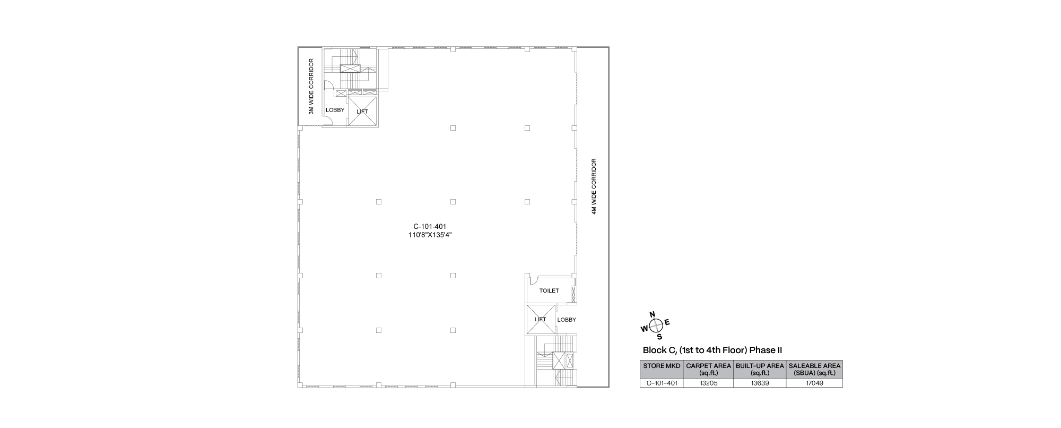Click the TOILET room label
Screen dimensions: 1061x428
tap(549, 291)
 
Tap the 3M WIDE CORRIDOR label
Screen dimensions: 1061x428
tap(312, 87)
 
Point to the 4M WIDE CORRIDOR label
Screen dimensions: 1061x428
tap(595, 186)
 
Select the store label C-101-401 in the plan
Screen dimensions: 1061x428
tap(430, 226)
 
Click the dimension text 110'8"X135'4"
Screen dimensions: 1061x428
tap(430, 235)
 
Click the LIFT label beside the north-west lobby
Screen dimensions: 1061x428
tap(362, 112)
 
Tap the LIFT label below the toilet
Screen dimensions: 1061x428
tap(541, 319)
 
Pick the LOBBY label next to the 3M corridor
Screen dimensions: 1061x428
tap(335, 110)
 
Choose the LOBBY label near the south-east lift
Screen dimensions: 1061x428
tap(567, 320)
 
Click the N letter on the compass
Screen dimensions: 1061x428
tap(653, 314)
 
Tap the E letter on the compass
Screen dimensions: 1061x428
tap(667, 322)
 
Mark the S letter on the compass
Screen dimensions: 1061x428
tap(659, 337)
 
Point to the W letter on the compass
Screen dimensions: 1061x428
tap(645, 329)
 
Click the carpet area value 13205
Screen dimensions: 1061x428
tap(708, 383)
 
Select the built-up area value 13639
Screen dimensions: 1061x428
tap(760, 383)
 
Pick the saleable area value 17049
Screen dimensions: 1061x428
tap(814, 383)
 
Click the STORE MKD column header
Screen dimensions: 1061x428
tap(662, 366)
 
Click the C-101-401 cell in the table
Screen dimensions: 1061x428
tap(662, 383)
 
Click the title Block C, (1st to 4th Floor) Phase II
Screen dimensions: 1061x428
tap(712, 350)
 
